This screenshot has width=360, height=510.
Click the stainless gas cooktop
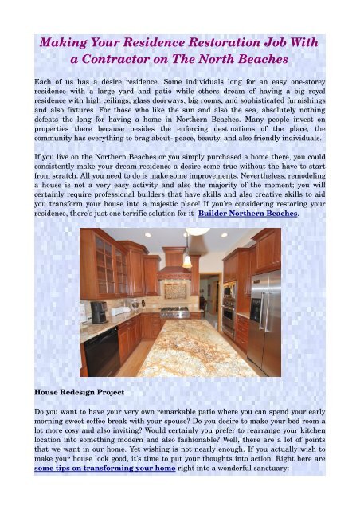(176, 312)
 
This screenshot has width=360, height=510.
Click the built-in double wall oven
(229, 308)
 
